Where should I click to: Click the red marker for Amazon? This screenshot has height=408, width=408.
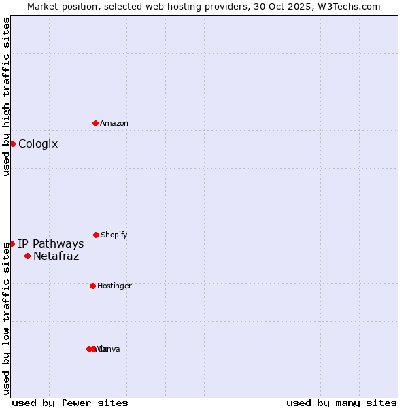pyautogui.click(x=95, y=123)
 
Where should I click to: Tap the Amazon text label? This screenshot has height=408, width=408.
pyautogui.click(x=114, y=124)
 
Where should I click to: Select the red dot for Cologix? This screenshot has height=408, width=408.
pyautogui.click(x=12, y=143)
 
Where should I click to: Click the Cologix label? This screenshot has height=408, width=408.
pyautogui.click(x=38, y=144)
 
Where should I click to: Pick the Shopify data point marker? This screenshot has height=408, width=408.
pyautogui.click(x=96, y=235)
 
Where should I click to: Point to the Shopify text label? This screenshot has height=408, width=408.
pyautogui.click(x=114, y=235)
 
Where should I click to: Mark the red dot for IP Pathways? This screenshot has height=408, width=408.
pyautogui.click(x=12, y=243)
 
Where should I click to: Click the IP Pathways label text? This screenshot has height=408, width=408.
pyautogui.click(x=51, y=244)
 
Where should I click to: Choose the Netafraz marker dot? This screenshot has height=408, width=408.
pyautogui.click(x=27, y=256)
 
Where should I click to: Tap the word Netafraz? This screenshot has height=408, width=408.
pyautogui.click(x=56, y=256)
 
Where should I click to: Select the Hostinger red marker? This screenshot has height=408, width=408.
pyautogui.click(x=92, y=286)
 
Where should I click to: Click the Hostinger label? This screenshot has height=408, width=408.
pyautogui.click(x=114, y=286)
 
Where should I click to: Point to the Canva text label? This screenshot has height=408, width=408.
pyautogui.click(x=110, y=350)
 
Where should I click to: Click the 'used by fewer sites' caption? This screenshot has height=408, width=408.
pyautogui.click(x=70, y=403)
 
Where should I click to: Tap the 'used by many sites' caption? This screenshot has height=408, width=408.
pyautogui.click(x=341, y=403)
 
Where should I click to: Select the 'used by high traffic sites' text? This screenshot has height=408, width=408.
pyautogui.click(x=7, y=97)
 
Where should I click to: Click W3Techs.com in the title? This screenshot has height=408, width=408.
pyautogui.click(x=351, y=6)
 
